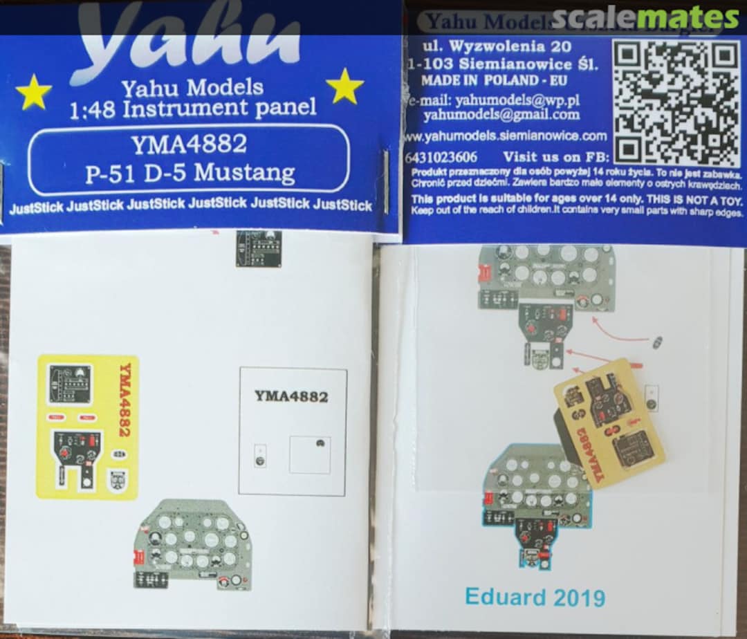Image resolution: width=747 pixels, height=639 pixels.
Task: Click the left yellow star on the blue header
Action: (33, 92)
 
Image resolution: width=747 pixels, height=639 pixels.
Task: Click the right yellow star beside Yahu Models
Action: (344, 86)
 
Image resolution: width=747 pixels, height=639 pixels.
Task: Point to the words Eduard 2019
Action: (535, 596)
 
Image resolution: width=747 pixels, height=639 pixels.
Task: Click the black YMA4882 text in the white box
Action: (291, 396)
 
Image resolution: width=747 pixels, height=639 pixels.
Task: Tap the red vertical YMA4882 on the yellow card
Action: (125, 400)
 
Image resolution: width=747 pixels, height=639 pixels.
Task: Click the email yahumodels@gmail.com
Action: (501, 114)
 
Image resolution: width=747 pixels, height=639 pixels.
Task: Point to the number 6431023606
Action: (443, 157)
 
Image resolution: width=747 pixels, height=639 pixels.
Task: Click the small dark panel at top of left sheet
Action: (259, 248)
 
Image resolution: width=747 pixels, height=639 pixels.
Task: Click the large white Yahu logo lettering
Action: (187, 38)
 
